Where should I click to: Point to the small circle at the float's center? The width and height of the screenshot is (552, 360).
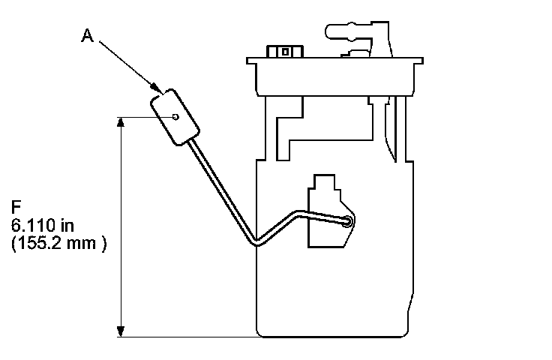pyautogui.click(x=175, y=116)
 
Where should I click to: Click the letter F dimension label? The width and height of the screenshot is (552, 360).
pyautogui.click(x=16, y=205)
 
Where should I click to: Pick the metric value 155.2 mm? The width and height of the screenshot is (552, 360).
pyautogui.click(x=58, y=244)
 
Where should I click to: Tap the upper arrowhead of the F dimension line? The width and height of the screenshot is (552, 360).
pyautogui.click(x=121, y=121)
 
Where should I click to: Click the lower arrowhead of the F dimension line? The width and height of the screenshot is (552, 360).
pyautogui.click(x=121, y=331)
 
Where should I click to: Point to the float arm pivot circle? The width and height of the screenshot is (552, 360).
pyautogui.click(x=348, y=221)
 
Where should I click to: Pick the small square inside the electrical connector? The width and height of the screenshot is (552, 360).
pyautogui.click(x=283, y=52)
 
